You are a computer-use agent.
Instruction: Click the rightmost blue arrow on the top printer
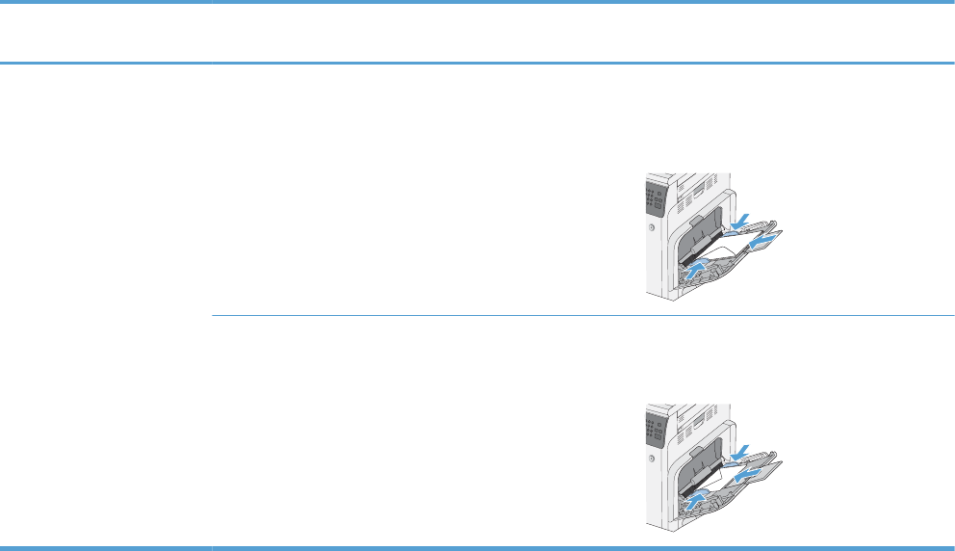click(x=761, y=245)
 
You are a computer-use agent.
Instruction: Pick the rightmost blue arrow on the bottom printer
click(x=747, y=473)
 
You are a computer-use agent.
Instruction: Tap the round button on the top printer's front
click(x=652, y=227)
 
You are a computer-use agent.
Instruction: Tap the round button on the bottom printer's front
click(x=652, y=458)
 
